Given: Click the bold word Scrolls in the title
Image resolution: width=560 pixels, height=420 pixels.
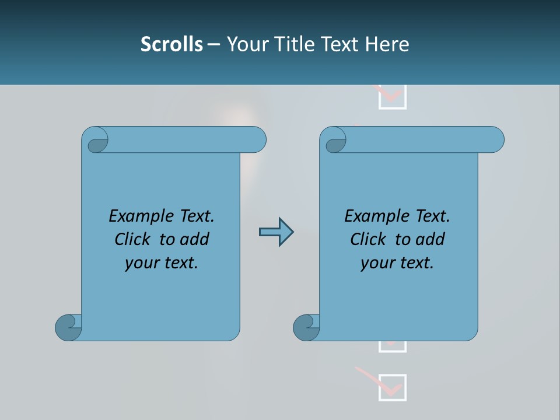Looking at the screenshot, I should pos(171,44).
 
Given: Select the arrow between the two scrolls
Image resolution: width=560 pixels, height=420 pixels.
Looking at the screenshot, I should pos(276,232).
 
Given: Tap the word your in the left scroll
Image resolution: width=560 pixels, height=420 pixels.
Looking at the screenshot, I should pos(141,263).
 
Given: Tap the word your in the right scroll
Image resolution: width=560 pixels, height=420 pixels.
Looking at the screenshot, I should pos(376,263).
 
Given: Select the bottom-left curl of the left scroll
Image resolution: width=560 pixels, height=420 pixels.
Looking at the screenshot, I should pos(68,327).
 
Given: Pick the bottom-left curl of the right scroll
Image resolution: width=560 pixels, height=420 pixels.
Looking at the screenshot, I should pos(306,327).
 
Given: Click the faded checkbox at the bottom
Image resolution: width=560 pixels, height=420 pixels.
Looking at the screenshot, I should pos(392,387).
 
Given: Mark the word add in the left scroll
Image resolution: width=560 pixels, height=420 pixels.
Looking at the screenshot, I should pos(195,239).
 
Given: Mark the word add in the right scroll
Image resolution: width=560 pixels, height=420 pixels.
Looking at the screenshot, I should pos(430,239).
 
